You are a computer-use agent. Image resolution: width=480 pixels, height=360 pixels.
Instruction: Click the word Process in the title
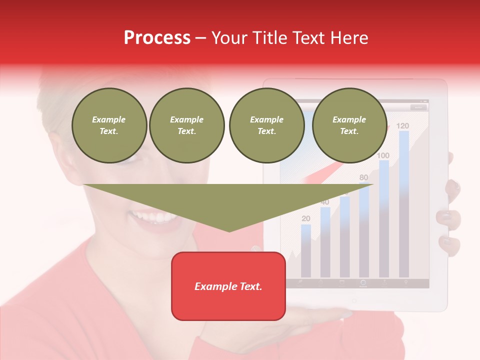157,37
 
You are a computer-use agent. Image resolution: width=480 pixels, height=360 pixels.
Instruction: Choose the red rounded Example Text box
228,286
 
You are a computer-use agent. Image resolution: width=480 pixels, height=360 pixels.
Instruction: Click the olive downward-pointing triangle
228,203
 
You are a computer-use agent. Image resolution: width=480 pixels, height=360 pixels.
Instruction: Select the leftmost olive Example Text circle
109,125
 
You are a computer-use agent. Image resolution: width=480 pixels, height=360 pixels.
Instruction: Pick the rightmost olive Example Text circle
349,125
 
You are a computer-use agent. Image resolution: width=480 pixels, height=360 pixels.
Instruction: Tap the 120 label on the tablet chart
402,125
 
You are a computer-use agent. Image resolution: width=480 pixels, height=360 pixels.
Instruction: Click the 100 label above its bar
383,155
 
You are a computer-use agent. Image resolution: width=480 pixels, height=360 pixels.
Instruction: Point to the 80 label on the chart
363,177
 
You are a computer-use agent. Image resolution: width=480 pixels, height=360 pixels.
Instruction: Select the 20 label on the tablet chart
306,218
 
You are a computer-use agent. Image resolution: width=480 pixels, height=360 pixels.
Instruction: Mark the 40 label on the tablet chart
325,202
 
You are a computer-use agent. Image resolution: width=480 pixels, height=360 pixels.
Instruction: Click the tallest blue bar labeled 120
403,200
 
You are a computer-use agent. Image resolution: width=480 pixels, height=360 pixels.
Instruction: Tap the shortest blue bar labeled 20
306,250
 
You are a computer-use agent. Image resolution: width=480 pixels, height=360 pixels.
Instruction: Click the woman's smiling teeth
152,217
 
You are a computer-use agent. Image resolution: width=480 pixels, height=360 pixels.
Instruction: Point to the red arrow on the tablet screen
325,172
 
